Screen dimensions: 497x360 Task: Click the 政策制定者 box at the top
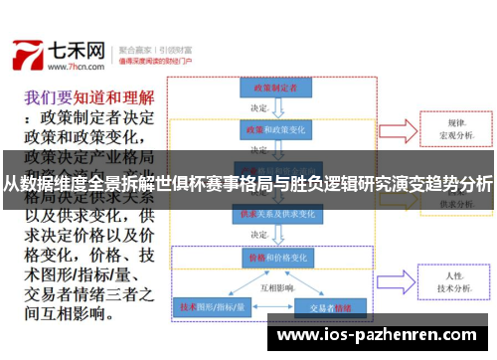coord(269,89)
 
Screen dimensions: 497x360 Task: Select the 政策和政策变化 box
coord(269,129)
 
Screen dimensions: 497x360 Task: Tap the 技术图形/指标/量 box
coord(212,308)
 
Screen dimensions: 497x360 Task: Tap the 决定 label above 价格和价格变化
coord(260,235)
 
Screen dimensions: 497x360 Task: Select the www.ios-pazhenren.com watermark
coord(382,337)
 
